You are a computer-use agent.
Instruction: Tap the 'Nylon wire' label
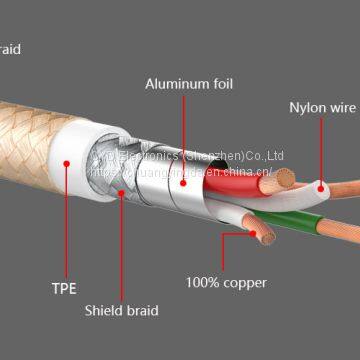tap(321, 107)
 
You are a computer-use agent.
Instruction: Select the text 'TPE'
tap(63, 290)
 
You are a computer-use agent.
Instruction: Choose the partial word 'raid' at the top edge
tap(10, 48)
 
